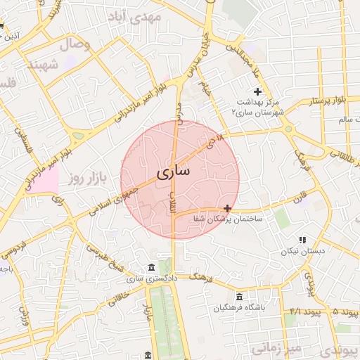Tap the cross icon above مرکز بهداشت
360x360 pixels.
pyautogui.click(x=258, y=91)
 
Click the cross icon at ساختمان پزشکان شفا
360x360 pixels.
pyautogui.click(x=227, y=208)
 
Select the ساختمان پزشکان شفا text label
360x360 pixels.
pyautogui.click(x=228, y=219)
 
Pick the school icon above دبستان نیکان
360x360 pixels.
pyautogui.click(x=303, y=240)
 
